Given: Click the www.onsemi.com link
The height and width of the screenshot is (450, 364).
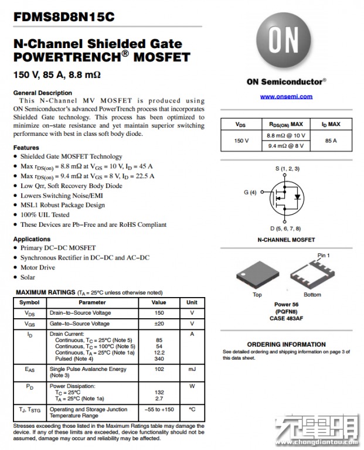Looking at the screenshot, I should pyautogui.click(x=286, y=97).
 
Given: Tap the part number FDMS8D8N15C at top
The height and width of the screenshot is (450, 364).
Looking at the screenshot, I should pyautogui.click(x=64, y=17).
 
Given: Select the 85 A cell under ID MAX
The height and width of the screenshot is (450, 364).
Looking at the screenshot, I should pyautogui.click(x=331, y=141).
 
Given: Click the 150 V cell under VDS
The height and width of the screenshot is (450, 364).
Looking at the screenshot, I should pyautogui.click(x=241, y=141).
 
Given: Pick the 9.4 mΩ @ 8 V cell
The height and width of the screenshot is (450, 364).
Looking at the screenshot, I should pyautogui.click(x=286, y=146).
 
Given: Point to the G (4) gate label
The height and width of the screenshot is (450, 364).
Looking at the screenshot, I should pyautogui.click(x=250, y=192).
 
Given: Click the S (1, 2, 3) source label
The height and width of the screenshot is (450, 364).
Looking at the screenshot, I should pyautogui.click(x=287, y=169).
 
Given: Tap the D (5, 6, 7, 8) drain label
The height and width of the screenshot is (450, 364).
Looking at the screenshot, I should pyautogui.click(x=285, y=228).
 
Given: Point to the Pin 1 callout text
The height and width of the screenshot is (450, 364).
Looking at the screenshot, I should pyautogui.click(x=324, y=255).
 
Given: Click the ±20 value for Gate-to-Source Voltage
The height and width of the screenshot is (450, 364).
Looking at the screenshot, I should pyautogui.click(x=159, y=323).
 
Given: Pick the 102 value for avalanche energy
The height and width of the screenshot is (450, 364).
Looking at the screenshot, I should pyautogui.click(x=159, y=369).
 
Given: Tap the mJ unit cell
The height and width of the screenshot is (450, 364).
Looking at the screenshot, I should pyautogui.click(x=192, y=369).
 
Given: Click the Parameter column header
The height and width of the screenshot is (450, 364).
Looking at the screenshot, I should pyautogui.click(x=93, y=302).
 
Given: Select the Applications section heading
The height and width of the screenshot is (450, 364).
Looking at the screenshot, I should pyautogui.click(x=32, y=239).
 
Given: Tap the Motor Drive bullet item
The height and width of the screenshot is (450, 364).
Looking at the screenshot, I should pyautogui.click(x=38, y=267).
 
